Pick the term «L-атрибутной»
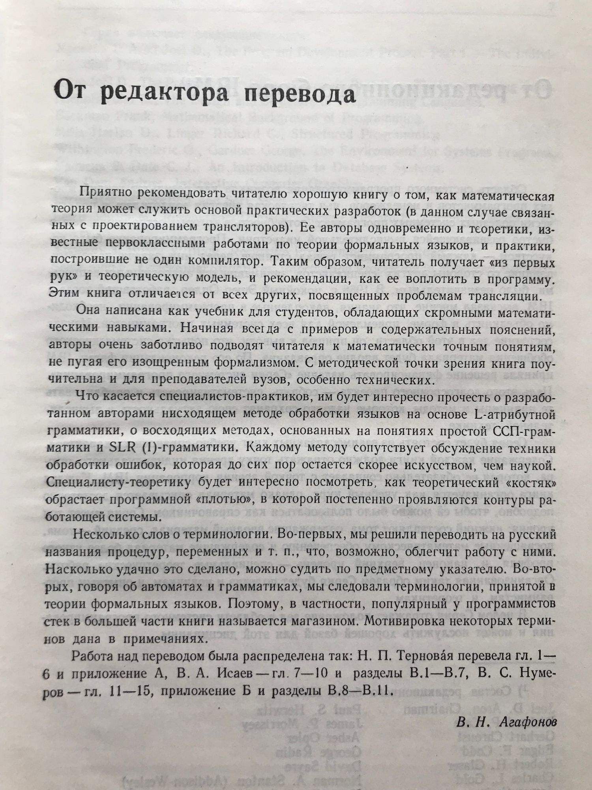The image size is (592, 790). coord(513,415)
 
